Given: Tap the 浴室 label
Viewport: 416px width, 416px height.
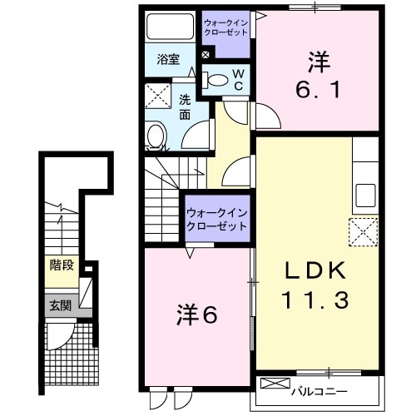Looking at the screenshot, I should [169, 59].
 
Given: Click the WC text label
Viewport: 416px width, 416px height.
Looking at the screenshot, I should [237, 80].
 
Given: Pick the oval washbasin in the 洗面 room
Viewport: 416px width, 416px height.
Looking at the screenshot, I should [155, 136].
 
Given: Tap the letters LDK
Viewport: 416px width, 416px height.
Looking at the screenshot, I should [317, 272].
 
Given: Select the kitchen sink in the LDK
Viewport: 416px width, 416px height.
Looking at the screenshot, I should [365, 196].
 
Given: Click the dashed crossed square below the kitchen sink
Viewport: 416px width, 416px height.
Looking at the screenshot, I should [364, 230].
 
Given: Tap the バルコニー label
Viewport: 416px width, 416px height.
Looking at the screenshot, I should [320, 391].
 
